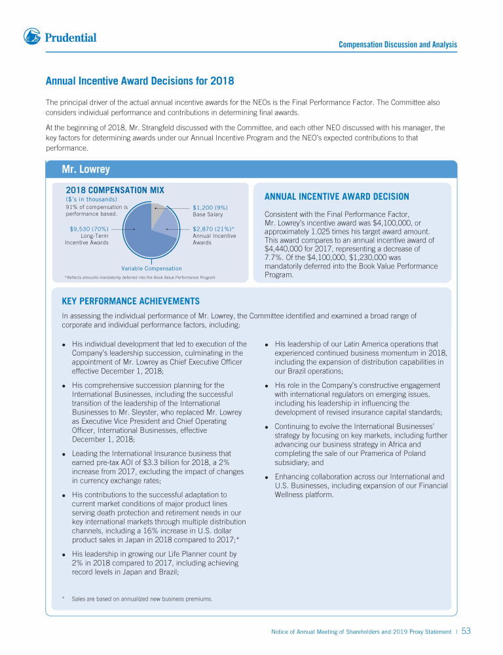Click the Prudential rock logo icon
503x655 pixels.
click(32, 37)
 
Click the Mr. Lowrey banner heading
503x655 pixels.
click(86, 170)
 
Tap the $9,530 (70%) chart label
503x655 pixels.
click(88, 229)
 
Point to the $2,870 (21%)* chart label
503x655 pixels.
click(214, 229)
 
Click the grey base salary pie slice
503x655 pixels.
click(158, 213)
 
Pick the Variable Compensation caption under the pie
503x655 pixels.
click(151, 269)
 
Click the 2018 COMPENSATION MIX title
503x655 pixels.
click(115, 190)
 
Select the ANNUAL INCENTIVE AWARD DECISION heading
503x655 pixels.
click(336, 196)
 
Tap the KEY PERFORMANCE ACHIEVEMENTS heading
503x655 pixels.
click(130, 301)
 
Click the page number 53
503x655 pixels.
click(466, 631)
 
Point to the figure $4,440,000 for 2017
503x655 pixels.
click(285, 249)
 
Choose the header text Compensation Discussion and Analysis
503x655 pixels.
click(398, 45)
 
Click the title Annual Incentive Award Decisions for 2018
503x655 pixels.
click(140, 82)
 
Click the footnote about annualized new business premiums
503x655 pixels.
click(142, 599)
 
